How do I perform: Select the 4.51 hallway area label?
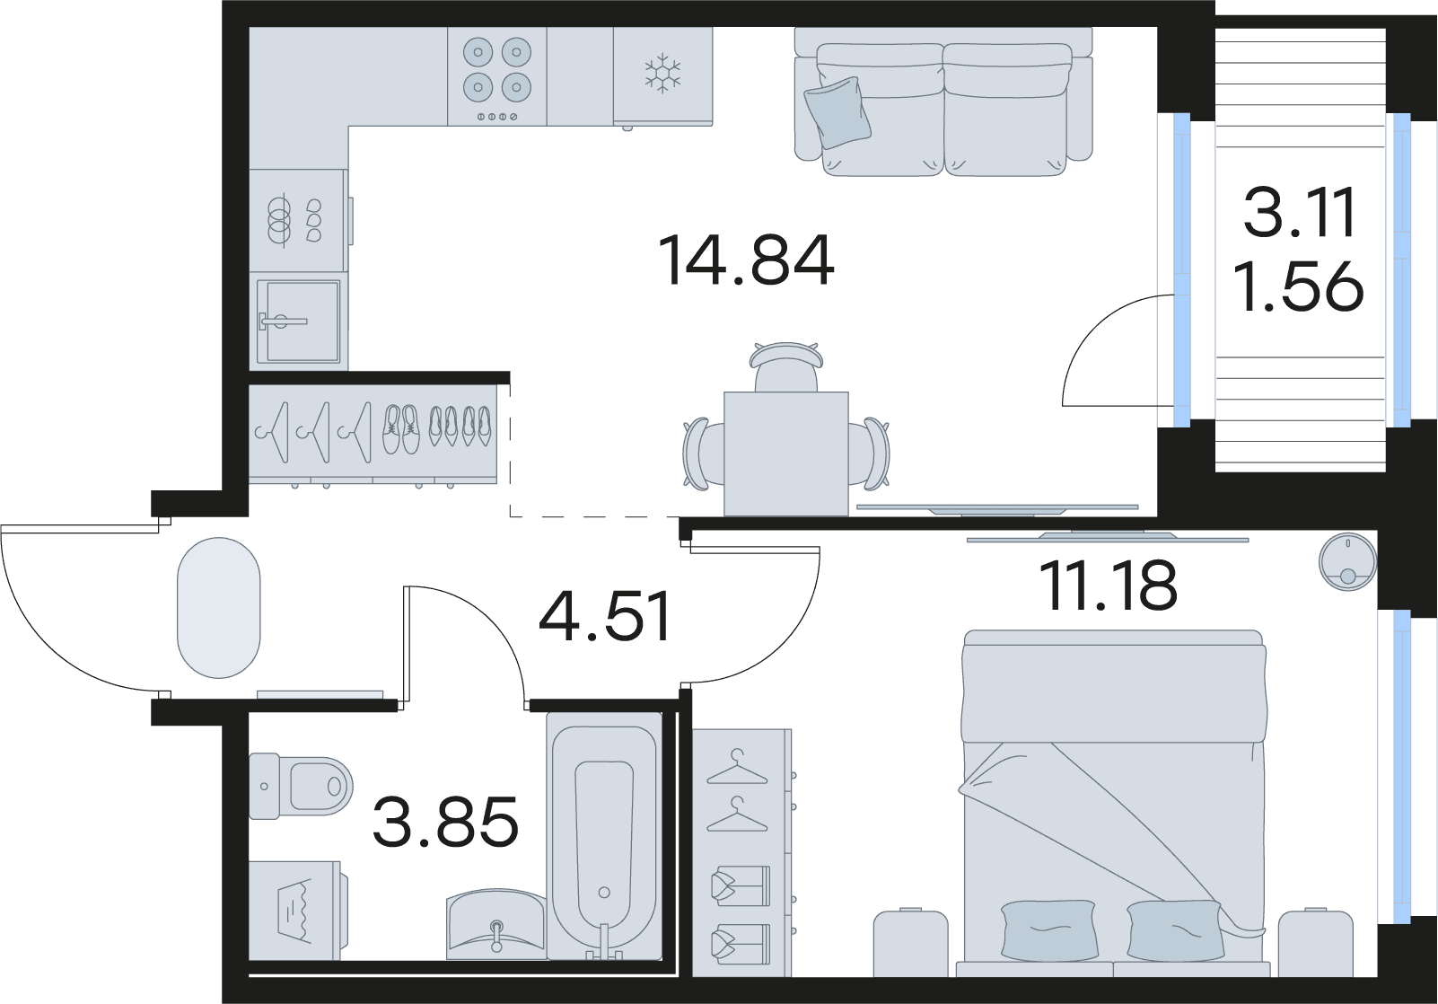(605, 617)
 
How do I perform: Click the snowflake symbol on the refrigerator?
(662, 71)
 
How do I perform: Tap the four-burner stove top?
(497, 76)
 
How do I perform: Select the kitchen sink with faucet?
(299, 321)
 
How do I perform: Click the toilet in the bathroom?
(301, 787)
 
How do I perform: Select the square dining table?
(785, 454)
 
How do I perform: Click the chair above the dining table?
(786, 366)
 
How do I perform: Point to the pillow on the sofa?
(837, 113)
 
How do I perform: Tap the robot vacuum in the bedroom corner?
(1347, 561)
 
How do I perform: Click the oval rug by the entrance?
(219, 608)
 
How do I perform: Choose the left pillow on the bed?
(1048, 930)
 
